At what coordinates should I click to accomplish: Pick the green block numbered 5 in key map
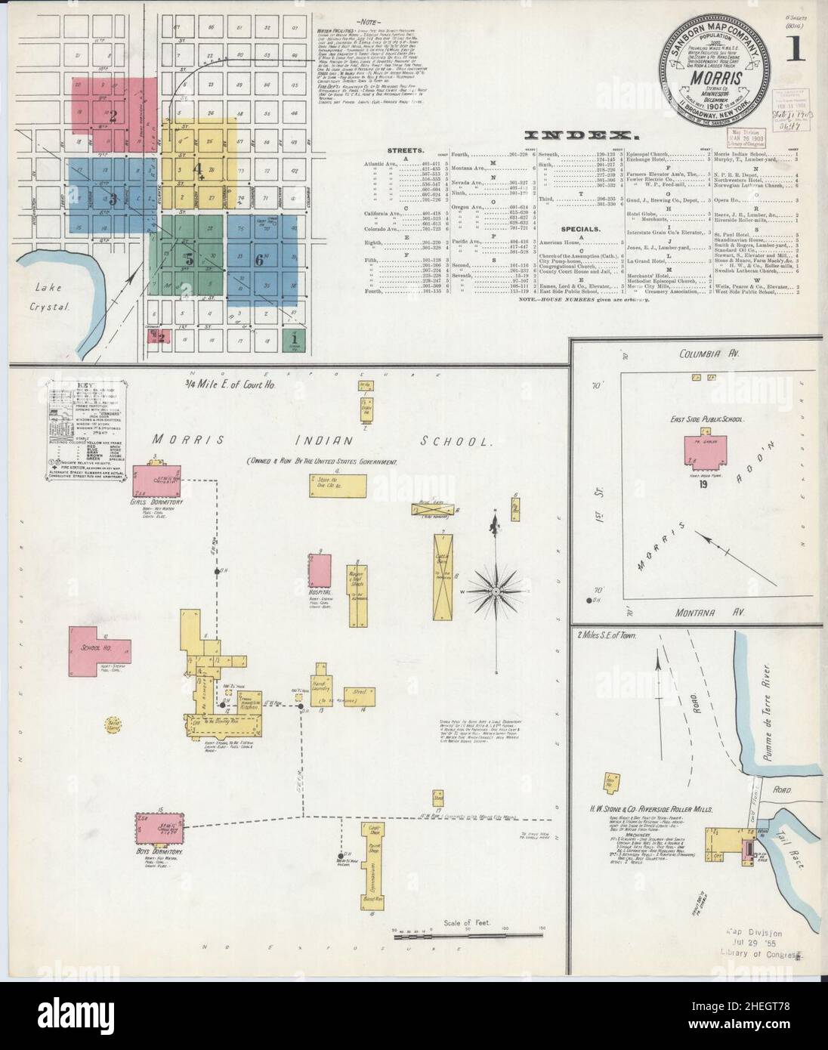point(190,257)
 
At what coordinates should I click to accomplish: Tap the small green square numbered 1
point(292,338)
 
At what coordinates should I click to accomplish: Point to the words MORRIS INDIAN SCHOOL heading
point(323,440)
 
